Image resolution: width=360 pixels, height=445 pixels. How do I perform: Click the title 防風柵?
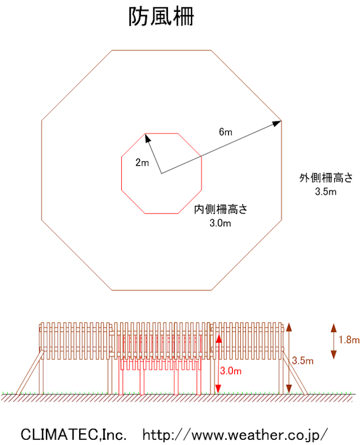click(x=161, y=17)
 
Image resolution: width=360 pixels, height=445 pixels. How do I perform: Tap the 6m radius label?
click(x=226, y=132)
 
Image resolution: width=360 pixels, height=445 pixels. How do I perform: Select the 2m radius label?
click(x=142, y=162)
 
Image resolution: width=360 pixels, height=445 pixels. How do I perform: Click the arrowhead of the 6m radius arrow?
click(x=277, y=123)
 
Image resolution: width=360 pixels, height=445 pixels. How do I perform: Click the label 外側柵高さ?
click(x=326, y=178)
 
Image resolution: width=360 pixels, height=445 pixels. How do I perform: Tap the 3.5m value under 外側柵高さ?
click(x=326, y=192)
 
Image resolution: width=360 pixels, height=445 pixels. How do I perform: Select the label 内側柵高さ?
click(x=221, y=210)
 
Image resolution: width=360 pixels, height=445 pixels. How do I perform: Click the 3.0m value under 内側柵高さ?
click(x=220, y=223)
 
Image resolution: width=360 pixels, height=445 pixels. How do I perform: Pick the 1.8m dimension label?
click(x=349, y=340)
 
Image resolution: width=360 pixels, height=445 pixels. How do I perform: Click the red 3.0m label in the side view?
click(x=231, y=371)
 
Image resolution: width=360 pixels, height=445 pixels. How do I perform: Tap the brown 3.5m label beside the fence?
click(x=303, y=361)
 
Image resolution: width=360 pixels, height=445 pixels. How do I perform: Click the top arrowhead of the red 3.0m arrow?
click(x=218, y=338)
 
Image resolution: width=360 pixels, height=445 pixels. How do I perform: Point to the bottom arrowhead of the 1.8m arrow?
click(x=334, y=355)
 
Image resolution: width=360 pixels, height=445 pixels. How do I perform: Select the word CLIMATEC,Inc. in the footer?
click(x=74, y=434)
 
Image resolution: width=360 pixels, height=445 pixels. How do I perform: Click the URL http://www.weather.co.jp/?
click(x=235, y=435)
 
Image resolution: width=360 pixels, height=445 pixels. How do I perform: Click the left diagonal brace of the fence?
click(x=30, y=372)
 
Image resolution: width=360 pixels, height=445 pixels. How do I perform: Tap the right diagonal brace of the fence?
click(x=294, y=373)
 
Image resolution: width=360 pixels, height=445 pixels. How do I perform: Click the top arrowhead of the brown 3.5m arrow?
click(x=289, y=327)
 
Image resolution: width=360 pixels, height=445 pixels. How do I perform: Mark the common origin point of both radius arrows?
click(x=161, y=173)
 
